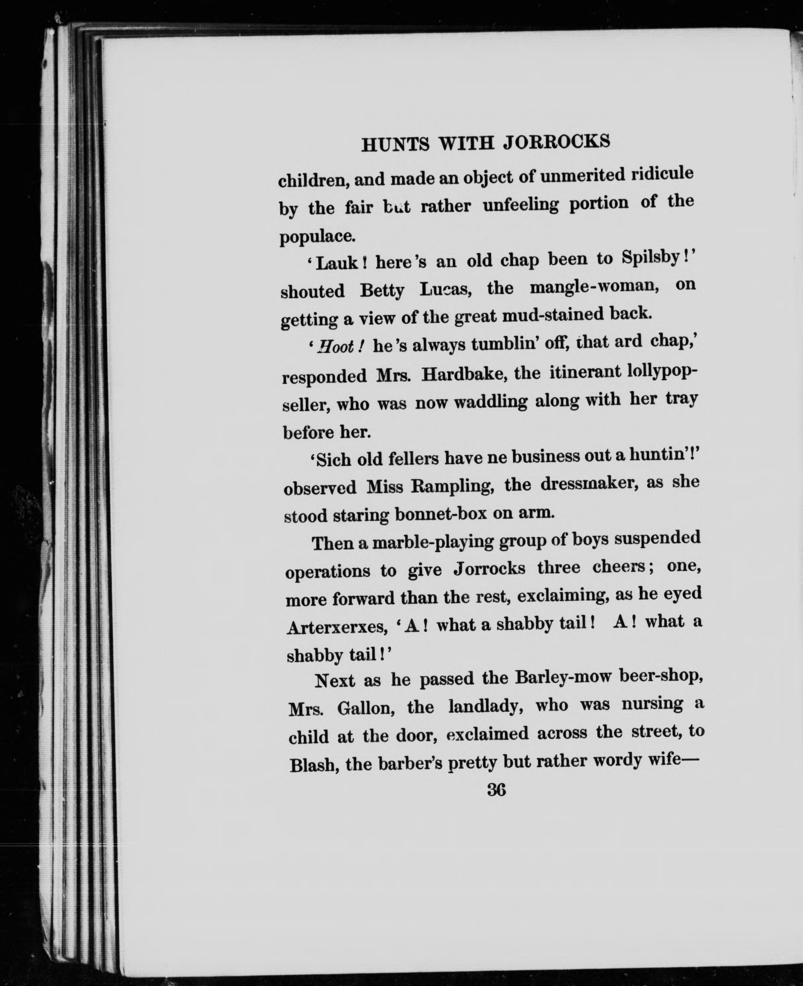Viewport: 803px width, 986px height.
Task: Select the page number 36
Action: coord(496,789)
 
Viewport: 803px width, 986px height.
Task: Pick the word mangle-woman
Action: coord(595,287)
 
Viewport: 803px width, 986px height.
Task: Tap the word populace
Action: coord(317,236)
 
